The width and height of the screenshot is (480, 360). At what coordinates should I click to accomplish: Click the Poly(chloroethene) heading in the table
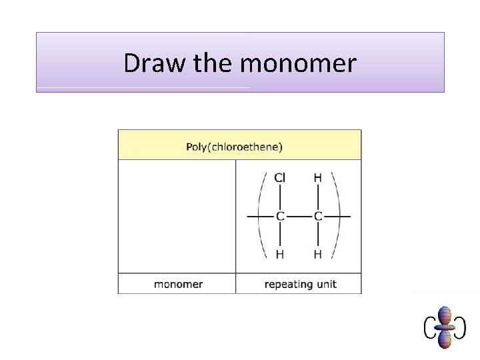(234, 147)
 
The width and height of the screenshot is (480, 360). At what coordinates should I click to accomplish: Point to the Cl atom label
(280, 177)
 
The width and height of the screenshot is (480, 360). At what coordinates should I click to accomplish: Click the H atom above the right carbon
(317, 177)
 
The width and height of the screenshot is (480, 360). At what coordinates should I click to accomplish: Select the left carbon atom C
(280, 216)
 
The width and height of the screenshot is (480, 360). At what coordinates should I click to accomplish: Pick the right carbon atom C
(317, 216)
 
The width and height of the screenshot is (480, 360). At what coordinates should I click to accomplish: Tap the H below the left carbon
(280, 254)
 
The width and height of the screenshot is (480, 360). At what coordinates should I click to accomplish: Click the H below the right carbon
(317, 254)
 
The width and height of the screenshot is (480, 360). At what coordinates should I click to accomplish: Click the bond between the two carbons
(299, 216)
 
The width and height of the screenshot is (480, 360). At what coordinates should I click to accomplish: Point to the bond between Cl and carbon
(280, 197)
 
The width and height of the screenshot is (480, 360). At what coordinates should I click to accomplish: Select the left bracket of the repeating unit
(261, 216)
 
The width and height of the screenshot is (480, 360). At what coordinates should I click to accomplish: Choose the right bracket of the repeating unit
(337, 216)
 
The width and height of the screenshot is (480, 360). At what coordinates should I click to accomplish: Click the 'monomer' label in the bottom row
(178, 284)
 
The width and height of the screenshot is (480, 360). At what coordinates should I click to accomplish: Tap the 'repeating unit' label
(300, 284)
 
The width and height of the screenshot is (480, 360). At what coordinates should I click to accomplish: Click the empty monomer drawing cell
(177, 216)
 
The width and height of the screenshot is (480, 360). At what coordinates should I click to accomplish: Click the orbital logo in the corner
(445, 327)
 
